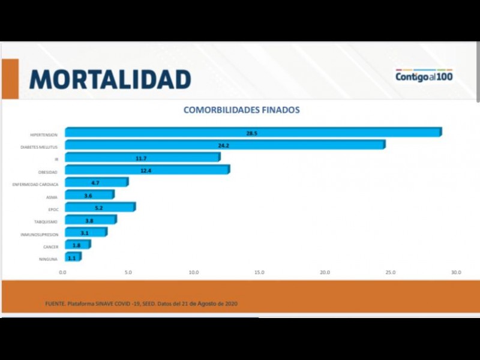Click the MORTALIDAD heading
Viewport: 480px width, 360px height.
[x=110, y=79]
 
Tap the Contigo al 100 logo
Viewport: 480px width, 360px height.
[x=424, y=76]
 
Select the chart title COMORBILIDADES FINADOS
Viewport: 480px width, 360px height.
[x=241, y=110]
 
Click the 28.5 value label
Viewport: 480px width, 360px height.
[x=251, y=133]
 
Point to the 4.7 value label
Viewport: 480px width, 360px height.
[x=95, y=182]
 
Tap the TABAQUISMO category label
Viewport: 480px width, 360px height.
[x=46, y=221]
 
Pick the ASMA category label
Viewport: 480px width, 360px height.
[x=52, y=197]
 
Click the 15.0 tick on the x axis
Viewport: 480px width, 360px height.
[x=259, y=272]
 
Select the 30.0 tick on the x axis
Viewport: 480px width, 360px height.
[x=456, y=272]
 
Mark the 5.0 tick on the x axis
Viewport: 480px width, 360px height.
[x=128, y=272]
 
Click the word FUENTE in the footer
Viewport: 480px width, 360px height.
[x=55, y=304]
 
